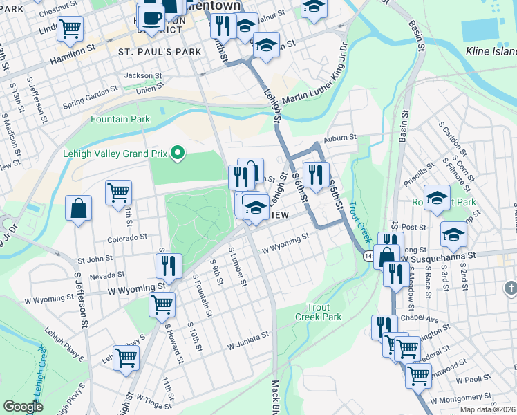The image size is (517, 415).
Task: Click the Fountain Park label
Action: coord(120,119)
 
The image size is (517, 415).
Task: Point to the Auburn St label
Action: coord(340,138)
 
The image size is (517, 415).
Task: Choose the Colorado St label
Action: coord(127,237)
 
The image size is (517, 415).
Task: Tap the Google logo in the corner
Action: coord(23,406)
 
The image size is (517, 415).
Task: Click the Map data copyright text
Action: coord(487,409)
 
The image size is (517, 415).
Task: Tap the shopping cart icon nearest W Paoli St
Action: coord(418,376)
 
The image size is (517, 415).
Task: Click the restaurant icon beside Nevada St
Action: coord(169,265)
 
